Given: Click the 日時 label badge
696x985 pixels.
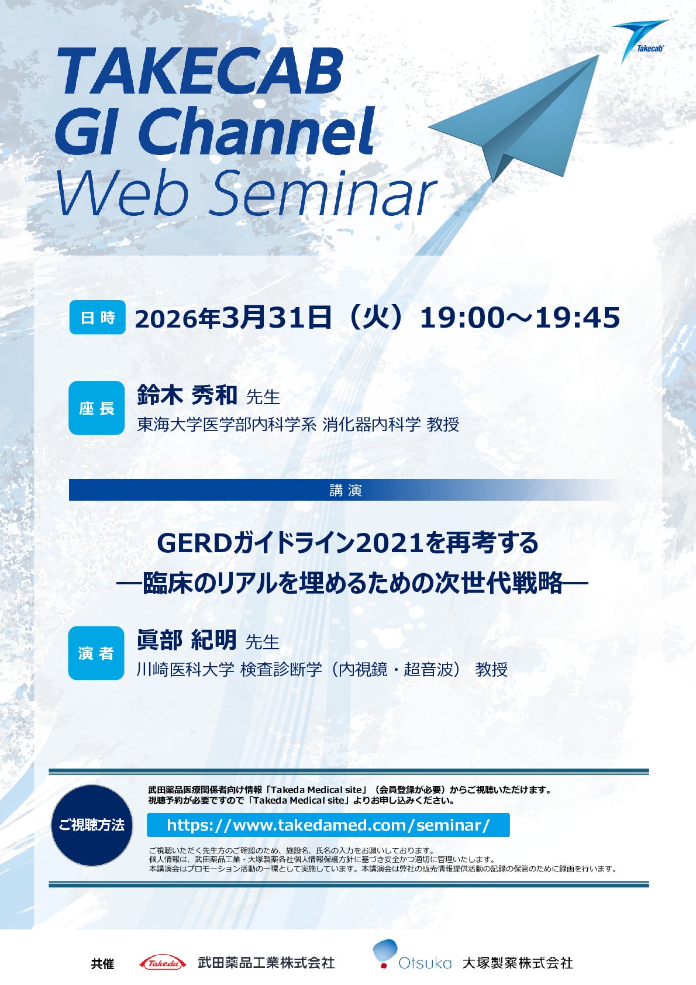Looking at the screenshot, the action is [97, 317].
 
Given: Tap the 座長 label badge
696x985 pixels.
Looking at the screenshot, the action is [97, 408].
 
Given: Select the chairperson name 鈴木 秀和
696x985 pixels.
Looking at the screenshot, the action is [187, 395].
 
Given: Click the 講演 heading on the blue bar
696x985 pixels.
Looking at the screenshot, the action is [346, 490].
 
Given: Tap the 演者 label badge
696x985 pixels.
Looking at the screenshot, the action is [96, 653].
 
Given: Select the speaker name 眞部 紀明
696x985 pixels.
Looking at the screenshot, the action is [187, 640].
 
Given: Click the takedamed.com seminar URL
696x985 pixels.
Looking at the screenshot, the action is [328, 825].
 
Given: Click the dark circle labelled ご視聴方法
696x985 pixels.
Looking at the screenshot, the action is [92, 825].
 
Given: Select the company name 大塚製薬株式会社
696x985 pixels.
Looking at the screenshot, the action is [518, 963].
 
